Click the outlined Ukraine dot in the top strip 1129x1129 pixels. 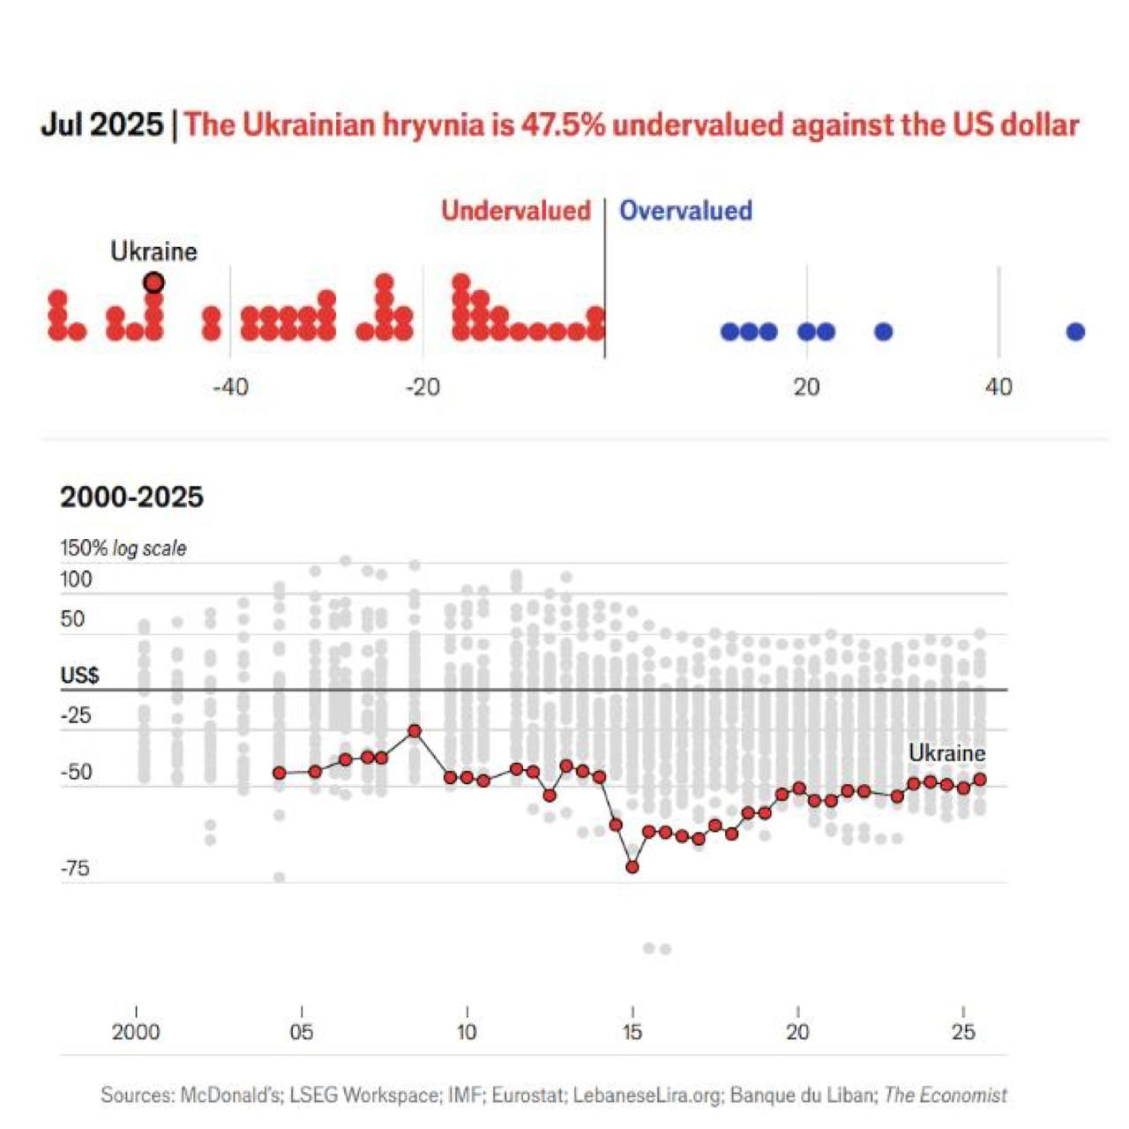[x=153, y=283]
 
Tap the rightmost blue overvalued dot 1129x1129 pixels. [x=1075, y=332]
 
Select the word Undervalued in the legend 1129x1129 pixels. [x=516, y=211]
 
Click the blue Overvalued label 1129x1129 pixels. [x=685, y=211]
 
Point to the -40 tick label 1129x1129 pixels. [x=230, y=387]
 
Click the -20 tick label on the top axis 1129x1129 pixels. [x=422, y=387]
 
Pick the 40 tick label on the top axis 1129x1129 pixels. [x=998, y=387]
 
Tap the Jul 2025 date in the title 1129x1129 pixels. [x=101, y=124]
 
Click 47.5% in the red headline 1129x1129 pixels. [x=563, y=124]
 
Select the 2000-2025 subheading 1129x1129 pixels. [x=131, y=497]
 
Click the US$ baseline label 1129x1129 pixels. [x=79, y=676]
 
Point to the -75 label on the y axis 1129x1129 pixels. [x=76, y=869]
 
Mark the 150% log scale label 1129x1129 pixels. [x=123, y=548]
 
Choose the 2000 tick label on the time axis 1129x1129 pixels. [x=136, y=1032]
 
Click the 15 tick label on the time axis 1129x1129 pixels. [x=632, y=1032]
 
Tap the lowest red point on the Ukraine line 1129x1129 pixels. [x=632, y=867]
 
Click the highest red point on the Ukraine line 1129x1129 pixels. [x=415, y=731]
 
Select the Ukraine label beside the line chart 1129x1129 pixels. [x=946, y=753]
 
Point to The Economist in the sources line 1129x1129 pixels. [x=945, y=1095]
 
